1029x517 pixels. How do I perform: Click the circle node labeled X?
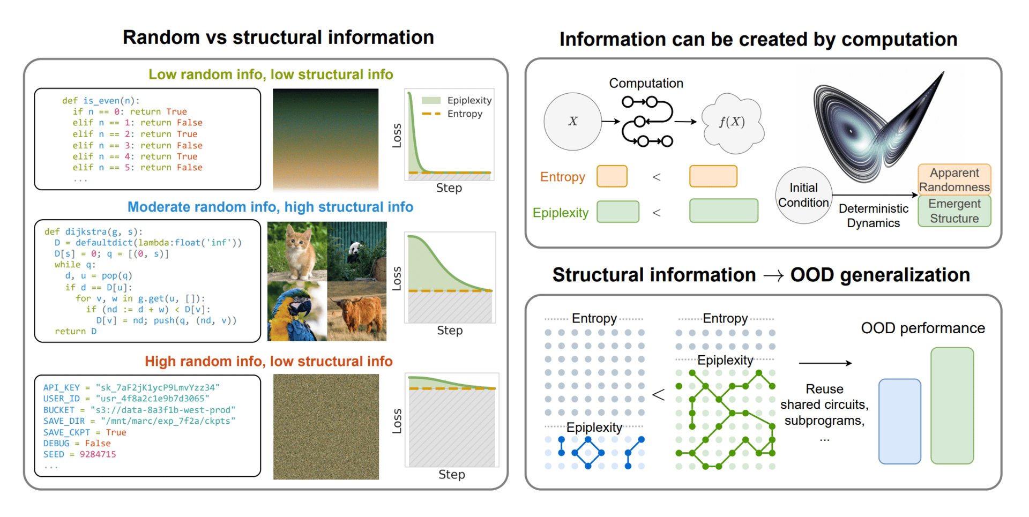pos(572,122)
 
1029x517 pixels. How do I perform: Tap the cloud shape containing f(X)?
pos(733,122)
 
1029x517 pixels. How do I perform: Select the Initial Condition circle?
pos(803,195)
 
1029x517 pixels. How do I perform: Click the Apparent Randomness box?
pos(955,179)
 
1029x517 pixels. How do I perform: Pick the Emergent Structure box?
pos(955,211)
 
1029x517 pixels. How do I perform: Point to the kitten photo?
pos(297,251)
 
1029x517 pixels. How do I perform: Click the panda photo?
pos(357,251)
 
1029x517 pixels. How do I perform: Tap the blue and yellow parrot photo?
pos(297,311)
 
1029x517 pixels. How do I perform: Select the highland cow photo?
pos(357,311)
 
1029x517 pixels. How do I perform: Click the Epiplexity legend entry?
pos(457,100)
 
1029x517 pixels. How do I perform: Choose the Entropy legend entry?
pos(452,114)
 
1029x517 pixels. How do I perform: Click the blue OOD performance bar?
pos(900,421)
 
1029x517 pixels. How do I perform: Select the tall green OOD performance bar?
pos(952,406)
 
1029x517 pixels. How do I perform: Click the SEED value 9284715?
pos(98,454)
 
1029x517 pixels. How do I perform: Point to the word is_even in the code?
pos(101,101)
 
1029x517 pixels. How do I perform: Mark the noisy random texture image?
pos(326,426)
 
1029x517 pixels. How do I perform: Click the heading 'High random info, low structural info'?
pos(269,361)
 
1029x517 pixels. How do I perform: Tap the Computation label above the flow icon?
pos(646,83)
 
